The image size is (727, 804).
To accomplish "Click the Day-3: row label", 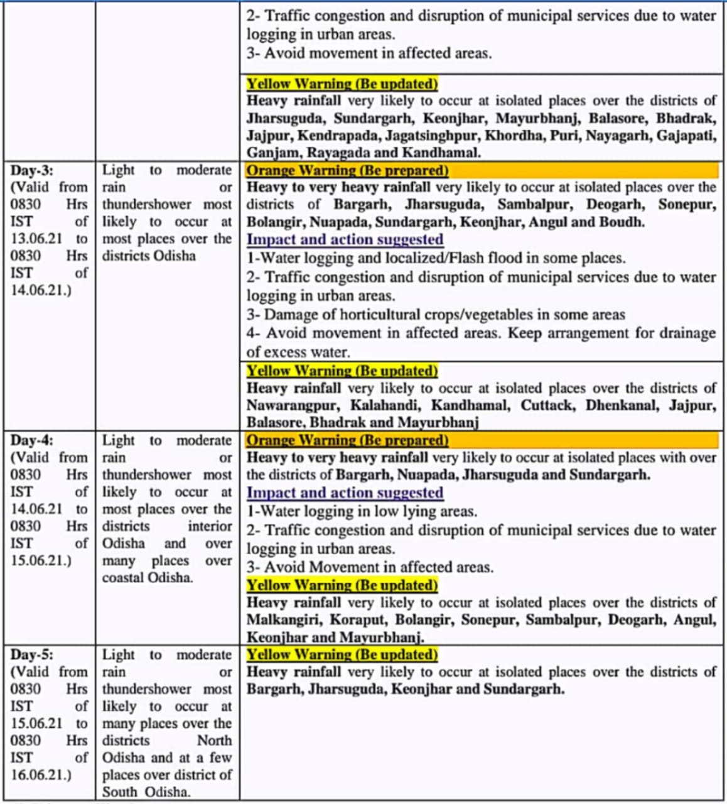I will (x=32, y=170).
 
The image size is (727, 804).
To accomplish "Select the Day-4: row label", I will (x=32, y=440).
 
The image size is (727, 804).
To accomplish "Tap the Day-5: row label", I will (x=32, y=655).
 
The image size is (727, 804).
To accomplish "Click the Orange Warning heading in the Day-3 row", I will (x=347, y=170).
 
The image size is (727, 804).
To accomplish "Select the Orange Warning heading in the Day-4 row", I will (x=347, y=440).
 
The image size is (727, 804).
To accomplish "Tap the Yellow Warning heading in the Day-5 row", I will (x=342, y=655).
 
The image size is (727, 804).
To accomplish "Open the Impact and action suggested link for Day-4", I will (x=345, y=493).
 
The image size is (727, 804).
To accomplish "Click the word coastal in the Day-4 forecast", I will (x=123, y=577).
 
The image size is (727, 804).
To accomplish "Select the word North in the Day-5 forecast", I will (x=214, y=741).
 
